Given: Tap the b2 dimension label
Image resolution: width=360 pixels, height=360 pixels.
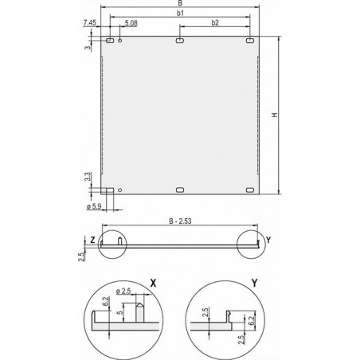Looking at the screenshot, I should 215,23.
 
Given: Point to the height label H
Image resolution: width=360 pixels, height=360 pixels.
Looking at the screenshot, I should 275,116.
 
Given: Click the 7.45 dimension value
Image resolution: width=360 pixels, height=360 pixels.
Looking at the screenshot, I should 89,25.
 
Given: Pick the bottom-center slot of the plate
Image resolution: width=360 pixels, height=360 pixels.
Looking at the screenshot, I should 180,190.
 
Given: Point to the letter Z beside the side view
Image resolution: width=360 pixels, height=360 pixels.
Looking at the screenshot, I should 92,240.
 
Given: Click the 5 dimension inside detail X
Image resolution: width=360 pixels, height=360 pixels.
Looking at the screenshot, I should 119,315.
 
